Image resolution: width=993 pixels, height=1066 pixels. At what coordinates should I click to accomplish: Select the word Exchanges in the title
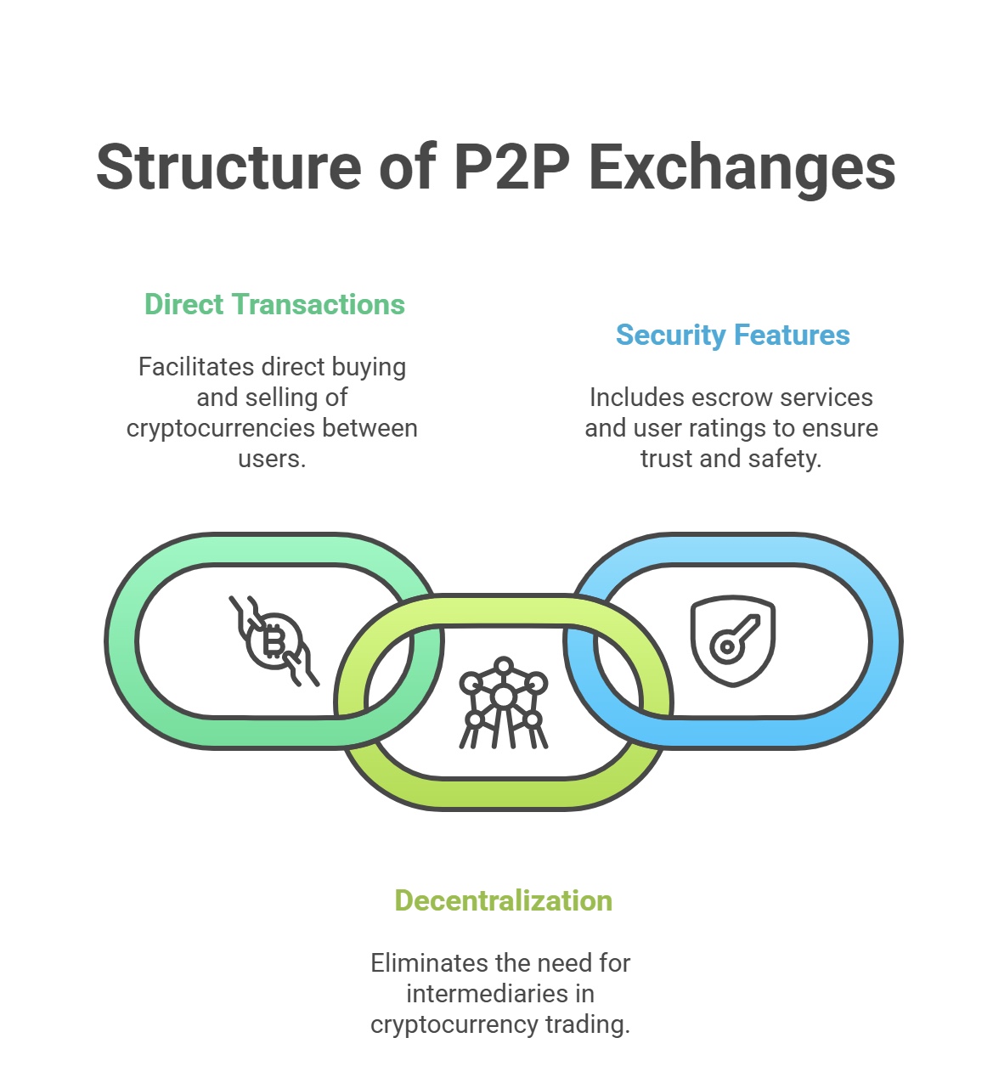click(742, 167)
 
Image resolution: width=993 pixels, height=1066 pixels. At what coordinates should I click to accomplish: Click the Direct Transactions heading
click(274, 304)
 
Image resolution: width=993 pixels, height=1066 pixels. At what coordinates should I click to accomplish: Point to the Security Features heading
click(732, 335)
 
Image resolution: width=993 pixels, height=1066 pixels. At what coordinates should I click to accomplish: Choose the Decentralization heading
click(503, 900)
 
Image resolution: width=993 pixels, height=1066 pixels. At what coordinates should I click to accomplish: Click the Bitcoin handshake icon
click(274, 640)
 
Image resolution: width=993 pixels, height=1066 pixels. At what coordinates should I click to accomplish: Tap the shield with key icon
click(733, 641)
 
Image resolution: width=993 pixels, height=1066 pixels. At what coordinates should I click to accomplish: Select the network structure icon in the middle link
click(503, 702)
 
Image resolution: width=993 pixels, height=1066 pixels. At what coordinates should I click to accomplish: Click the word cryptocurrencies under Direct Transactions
click(223, 428)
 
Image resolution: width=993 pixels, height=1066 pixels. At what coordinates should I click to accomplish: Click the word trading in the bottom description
click(587, 1024)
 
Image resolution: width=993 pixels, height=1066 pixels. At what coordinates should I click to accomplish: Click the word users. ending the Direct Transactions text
click(272, 459)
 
